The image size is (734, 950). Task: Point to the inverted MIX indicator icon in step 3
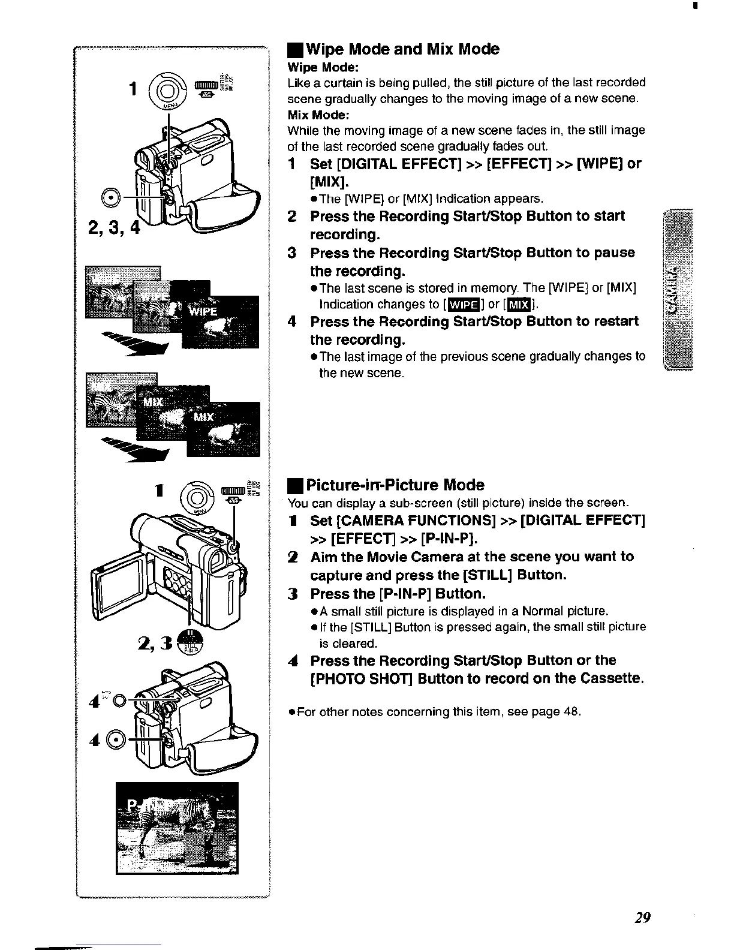pyautogui.click(x=519, y=305)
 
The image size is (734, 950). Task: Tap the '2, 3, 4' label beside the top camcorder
pyautogui.click(x=113, y=229)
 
